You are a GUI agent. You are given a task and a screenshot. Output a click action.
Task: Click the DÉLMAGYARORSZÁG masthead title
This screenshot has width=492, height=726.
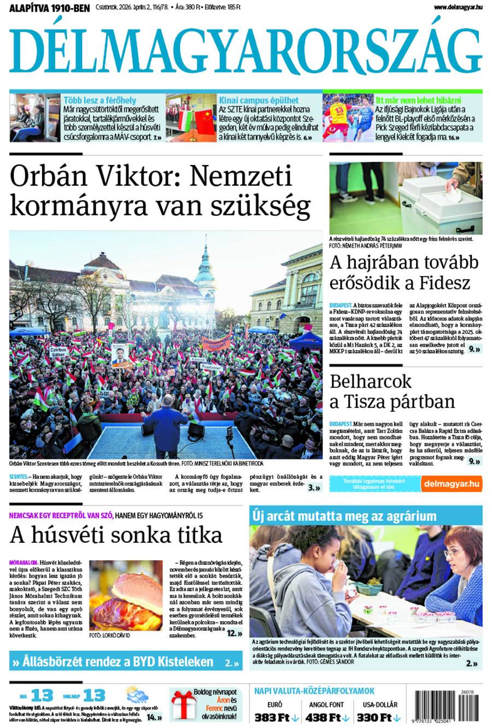tap(245, 51)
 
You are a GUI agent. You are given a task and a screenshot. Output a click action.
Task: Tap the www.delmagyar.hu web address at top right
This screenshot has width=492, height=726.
tap(458, 7)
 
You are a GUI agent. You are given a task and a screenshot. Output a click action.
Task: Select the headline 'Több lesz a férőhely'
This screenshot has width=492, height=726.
tap(99, 101)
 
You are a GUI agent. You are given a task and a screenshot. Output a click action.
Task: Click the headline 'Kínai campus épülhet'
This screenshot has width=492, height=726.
tap(259, 101)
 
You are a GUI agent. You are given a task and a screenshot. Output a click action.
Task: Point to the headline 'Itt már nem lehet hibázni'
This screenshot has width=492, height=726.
tap(418, 101)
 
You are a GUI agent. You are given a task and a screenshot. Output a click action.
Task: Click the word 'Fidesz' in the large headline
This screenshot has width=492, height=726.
tap(444, 283)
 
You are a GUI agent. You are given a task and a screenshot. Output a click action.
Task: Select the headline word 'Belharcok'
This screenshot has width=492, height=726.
tap(371, 381)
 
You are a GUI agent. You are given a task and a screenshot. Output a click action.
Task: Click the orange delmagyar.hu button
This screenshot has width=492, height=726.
tap(452, 484)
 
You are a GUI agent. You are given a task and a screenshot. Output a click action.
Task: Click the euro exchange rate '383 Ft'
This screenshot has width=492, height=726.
tap(272, 717)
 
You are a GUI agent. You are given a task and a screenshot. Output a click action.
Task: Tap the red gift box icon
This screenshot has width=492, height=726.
tap(181, 705)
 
